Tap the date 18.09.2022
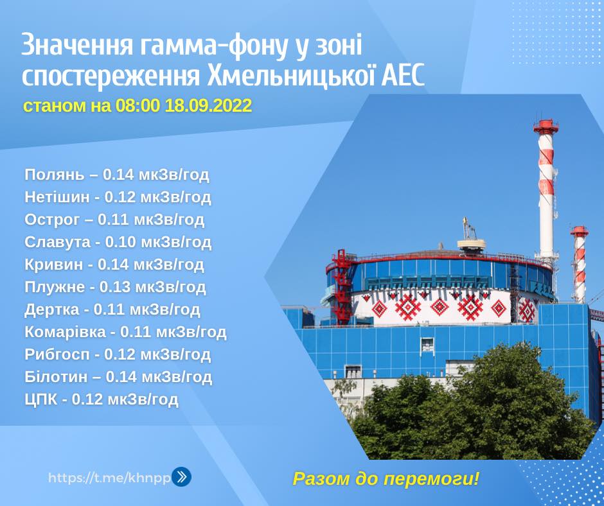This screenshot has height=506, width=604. click(x=208, y=105)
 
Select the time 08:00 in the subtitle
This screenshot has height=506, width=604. click(x=137, y=105)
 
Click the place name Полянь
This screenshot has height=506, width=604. click(x=55, y=175)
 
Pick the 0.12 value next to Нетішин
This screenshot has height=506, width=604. click(x=119, y=197)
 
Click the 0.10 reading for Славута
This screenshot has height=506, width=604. click(x=120, y=242)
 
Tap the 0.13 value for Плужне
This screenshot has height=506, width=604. click(x=114, y=287)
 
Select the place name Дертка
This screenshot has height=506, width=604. click(x=51, y=310)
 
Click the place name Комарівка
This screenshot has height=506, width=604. click(x=65, y=332)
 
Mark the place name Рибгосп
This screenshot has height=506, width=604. click(x=57, y=354)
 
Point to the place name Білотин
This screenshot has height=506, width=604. click(x=56, y=377)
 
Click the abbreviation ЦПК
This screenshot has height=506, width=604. click(x=41, y=399)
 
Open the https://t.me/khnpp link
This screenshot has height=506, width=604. click(x=109, y=478)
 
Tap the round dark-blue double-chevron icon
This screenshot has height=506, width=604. click(x=181, y=476)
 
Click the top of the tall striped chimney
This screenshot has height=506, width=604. click(x=546, y=121)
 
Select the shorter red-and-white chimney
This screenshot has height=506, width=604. click(x=580, y=264)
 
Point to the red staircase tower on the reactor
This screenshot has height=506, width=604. click(x=342, y=287)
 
